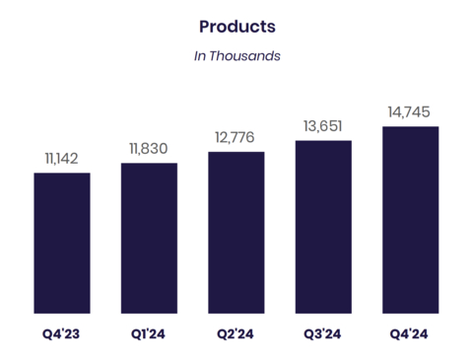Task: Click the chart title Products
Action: point(236,26)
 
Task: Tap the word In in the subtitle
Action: point(200,56)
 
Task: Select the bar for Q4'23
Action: point(62,243)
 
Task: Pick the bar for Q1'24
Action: point(149,238)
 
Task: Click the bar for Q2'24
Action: point(236,232)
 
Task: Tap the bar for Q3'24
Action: point(323,227)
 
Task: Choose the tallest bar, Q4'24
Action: point(410,220)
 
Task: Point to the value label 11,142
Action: point(62,158)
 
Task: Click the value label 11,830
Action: point(149,148)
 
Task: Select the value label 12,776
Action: point(236,137)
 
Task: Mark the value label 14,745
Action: point(410,110)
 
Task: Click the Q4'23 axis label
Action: point(62,334)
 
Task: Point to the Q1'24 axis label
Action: point(149,334)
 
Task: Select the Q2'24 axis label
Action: point(236,334)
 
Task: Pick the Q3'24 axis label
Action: point(323,334)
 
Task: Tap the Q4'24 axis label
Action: point(410,334)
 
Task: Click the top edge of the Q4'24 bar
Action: point(410,127)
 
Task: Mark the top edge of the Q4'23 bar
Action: point(62,174)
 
